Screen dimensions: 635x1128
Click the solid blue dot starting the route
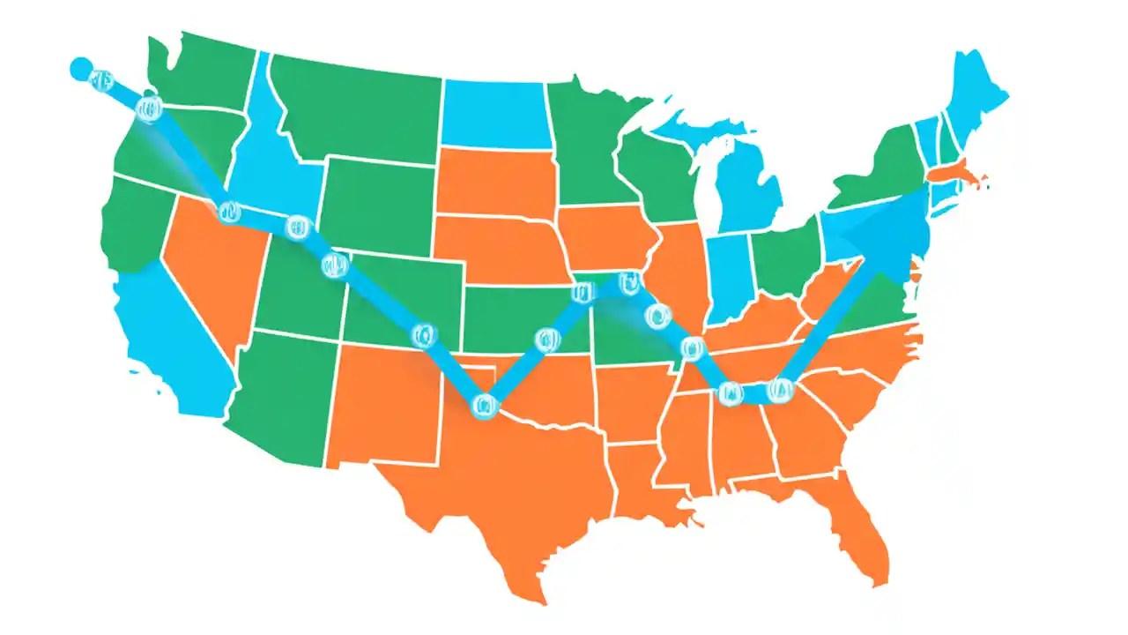pos(80,67)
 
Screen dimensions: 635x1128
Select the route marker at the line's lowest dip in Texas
pos(484,406)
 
